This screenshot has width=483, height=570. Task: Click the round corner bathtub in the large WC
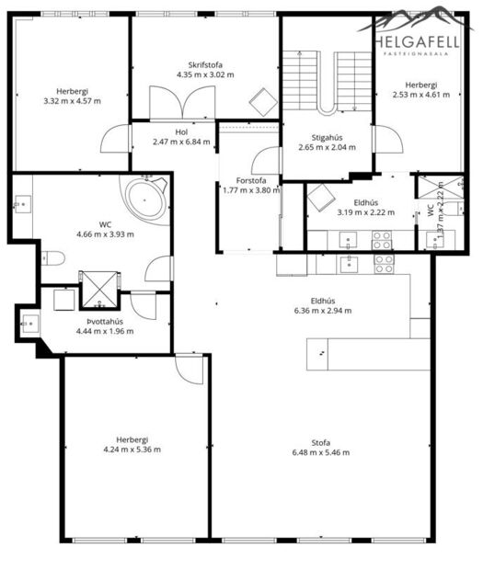tap(145, 198)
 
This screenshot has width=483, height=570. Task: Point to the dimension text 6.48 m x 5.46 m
tap(320, 452)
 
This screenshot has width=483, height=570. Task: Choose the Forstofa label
tap(250, 180)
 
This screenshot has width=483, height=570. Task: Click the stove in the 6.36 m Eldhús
tap(385, 264)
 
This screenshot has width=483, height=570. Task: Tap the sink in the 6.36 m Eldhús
tap(350, 265)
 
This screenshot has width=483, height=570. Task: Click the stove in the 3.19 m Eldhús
tap(382, 239)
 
